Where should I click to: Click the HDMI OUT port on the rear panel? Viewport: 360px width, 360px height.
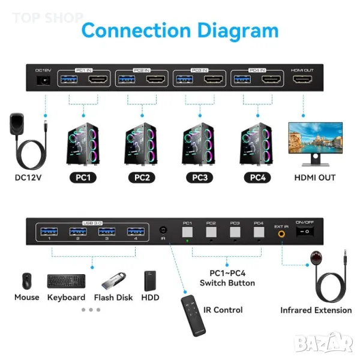pyautogui.click(x=302, y=80)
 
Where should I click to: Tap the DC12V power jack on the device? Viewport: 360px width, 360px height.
pyautogui.click(x=42, y=80)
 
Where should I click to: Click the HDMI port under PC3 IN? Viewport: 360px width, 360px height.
pyautogui.click(x=215, y=80)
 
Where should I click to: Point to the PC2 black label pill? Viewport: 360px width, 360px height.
pyautogui.click(x=142, y=178)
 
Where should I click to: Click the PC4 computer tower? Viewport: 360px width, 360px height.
pyautogui.click(x=257, y=144)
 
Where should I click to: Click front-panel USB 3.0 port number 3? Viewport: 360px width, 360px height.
pyautogui.click(x=107, y=232)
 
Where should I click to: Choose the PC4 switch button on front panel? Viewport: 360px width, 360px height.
pyautogui.click(x=259, y=232)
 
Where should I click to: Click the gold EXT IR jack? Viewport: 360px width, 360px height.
pyautogui.click(x=281, y=236)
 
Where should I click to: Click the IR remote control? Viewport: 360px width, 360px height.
pyautogui.click(x=193, y=315)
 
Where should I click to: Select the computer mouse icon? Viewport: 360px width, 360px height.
pyautogui.click(x=26, y=281)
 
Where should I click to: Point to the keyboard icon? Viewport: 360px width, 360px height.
pyautogui.click(x=66, y=281)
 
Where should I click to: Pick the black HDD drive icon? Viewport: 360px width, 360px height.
pyautogui.click(x=150, y=281)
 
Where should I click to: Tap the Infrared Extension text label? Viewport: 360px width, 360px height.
pyautogui.click(x=316, y=310)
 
